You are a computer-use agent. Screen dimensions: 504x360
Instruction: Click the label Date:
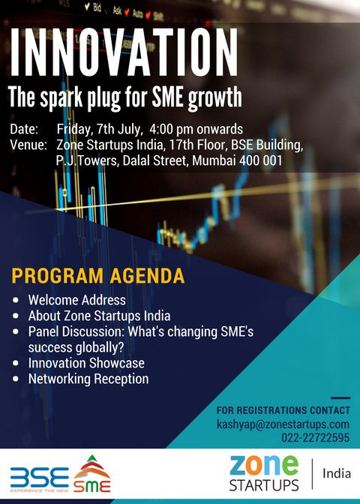[25, 129]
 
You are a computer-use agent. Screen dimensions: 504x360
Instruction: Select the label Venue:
[29, 145]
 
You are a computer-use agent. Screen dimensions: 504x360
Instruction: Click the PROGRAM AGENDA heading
[97, 275]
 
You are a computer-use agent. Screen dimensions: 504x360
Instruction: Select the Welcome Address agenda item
[77, 300]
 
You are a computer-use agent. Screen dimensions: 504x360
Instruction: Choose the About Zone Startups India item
[99, 316]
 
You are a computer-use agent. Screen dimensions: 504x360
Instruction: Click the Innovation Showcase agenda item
[86, 363]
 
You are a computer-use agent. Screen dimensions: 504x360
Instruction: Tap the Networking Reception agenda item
[88, 379]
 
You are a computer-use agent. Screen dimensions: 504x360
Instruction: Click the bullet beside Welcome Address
[17, 300]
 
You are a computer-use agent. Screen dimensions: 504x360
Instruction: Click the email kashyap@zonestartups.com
[283, 424]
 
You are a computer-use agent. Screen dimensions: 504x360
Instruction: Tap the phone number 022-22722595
[316, 438]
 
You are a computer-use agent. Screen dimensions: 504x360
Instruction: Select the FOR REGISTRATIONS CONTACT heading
[283, 410]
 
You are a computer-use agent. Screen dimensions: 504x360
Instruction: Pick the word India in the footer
[337, 474]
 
